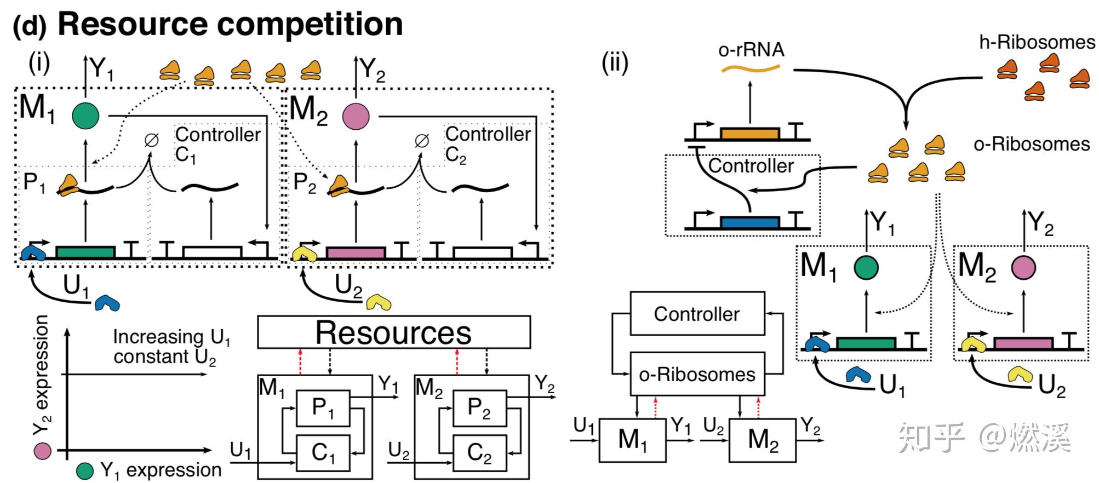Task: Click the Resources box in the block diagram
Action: point(393,332)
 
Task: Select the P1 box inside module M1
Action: point(323,408)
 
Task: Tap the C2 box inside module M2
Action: point(479,453)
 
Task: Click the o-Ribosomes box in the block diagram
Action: point(697,374)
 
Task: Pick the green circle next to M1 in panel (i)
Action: point(85,116)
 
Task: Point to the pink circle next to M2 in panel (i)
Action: point(356,116)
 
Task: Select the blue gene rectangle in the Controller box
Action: point(749,222)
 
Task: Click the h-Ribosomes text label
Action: point(1037,42)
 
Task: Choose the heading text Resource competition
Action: point(230,24)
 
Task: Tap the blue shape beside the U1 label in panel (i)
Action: point(107,303)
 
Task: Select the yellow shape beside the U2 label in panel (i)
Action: point(378,302)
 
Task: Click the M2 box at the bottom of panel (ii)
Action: point(762,440)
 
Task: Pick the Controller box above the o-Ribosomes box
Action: point(697,314)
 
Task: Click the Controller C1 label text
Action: point(217,144)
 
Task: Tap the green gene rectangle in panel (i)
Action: point(85,252)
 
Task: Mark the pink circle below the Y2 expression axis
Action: point(42,451)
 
